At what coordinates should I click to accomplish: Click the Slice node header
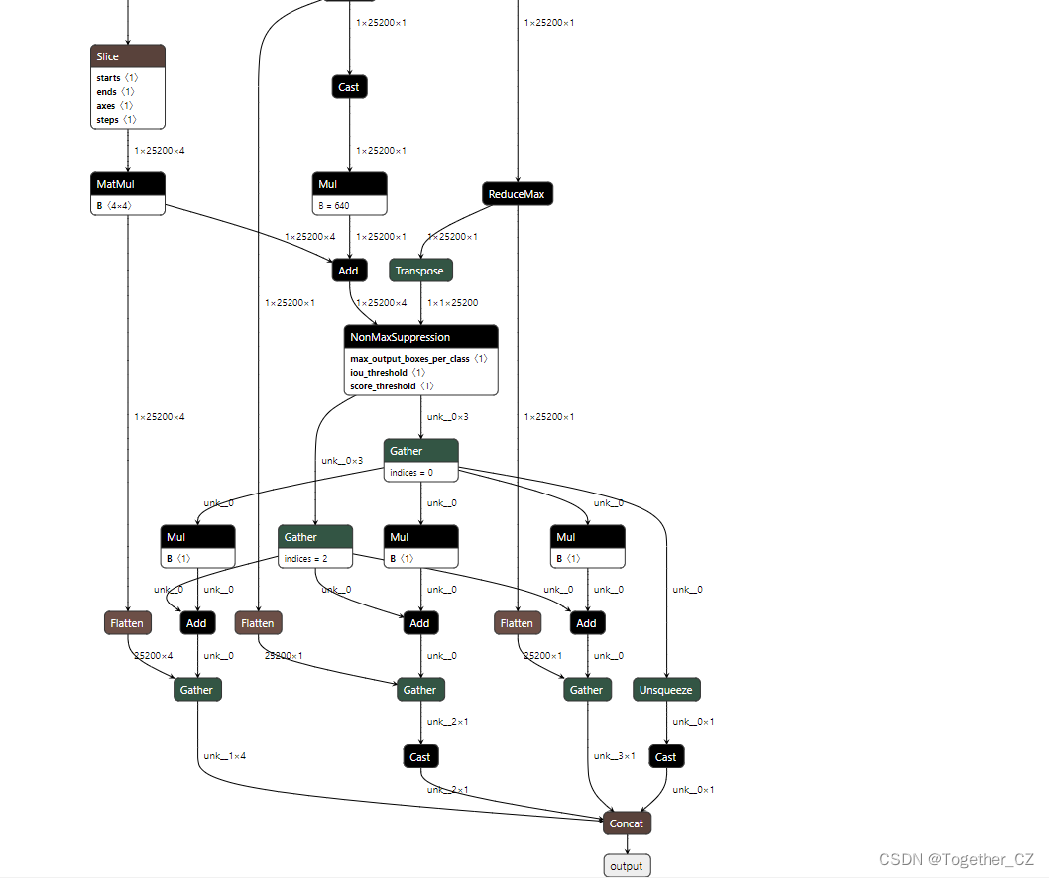(x=127, y=56)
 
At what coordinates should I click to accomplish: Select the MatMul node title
(x=127, y=184)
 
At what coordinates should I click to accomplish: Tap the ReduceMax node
(x=517, y=194)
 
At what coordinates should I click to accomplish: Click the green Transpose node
(x=419, y=271)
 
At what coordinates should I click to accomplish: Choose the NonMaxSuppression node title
(x=420, y=337)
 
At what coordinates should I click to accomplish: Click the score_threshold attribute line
(x=392, y=385)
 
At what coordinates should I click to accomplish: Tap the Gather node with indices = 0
(x=420, y=451)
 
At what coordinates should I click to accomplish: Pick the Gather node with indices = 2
(x=315, y=537)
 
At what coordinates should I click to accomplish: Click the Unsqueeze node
(x=666, y=690)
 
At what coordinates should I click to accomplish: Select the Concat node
(x=627, y=823)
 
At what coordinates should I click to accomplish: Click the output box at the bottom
(x=627, y=866)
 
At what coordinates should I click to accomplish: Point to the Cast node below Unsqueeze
(x=666, y=757)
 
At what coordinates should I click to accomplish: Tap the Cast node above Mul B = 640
(x=349, y=87)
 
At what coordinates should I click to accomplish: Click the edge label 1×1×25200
(x=452, y=303)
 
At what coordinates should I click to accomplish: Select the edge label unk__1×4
(x=225, y=756)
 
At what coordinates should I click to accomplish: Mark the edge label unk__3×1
(x=615, y=756)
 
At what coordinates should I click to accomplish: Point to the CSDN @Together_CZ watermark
(x=957, y=859)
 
